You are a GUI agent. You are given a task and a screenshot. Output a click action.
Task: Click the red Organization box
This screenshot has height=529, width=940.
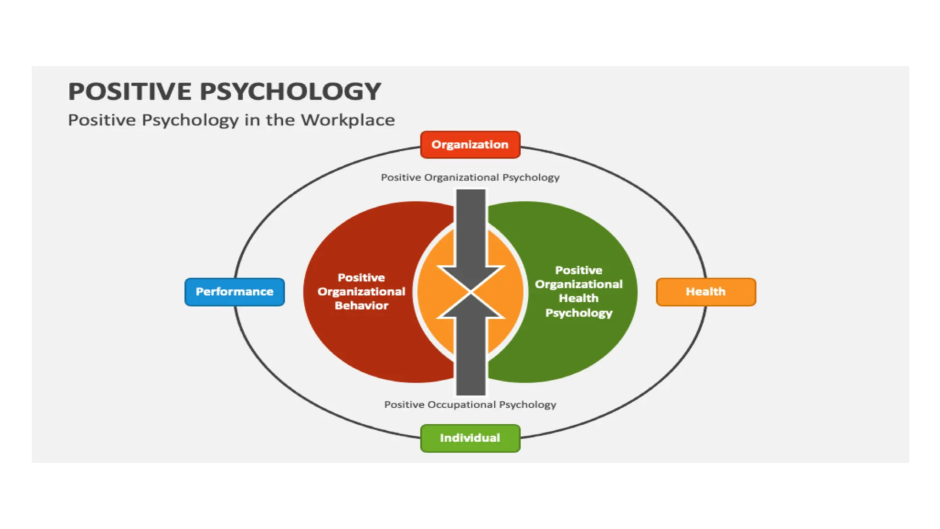(x=470, y=145)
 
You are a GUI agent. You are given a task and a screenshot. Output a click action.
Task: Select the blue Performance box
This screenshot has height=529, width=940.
(x=235, y=292)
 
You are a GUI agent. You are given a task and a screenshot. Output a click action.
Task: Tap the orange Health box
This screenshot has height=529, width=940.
(x=705, y=292)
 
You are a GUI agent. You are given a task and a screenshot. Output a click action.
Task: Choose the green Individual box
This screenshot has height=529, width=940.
(x=470, y=438)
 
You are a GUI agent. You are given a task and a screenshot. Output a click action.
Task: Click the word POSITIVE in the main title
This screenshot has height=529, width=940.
(x=130, y=91)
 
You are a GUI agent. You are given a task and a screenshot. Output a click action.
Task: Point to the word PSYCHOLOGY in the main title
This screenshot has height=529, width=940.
(x=290, y=91)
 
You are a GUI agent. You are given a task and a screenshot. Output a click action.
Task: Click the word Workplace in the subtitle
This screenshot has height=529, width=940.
(x=347, y=120)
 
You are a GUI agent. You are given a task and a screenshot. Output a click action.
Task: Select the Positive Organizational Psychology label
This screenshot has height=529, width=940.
(x=470, y=177)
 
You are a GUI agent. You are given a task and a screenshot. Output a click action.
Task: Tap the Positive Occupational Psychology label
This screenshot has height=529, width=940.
(x=470, y=405)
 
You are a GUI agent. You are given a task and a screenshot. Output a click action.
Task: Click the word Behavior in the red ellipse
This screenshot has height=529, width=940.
(x=361, y=305)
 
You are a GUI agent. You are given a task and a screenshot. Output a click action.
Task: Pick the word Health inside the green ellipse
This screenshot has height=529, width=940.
(x=578, y=298)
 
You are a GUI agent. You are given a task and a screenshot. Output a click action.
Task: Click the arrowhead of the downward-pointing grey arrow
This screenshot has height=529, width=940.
(x=470, y=277)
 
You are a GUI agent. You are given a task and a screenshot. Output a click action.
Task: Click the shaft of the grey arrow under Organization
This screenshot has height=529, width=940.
(x=470, y=225)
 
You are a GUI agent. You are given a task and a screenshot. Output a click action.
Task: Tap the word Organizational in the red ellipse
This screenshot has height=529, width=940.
(x=361, y=292)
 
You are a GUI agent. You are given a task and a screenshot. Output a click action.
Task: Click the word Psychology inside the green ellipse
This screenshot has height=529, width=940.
(x=578, y=313)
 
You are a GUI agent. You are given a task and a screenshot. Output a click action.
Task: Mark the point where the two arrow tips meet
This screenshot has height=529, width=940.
(x=470, y=292)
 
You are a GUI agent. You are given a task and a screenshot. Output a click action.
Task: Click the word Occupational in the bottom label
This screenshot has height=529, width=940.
(x=462, y=405)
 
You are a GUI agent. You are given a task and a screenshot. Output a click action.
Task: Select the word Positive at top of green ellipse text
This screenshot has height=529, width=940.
(x=578, y=270)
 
